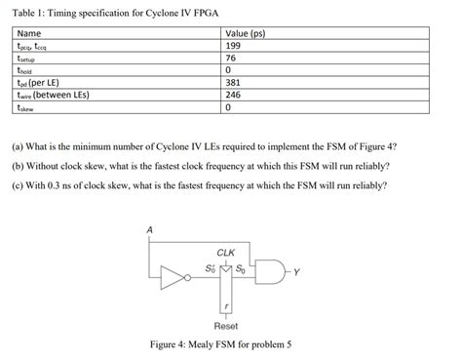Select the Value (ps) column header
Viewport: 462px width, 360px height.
[x=247, y=33]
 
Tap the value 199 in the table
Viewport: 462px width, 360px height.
[x=233, y=46]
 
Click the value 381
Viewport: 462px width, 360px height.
[x=233, y=83]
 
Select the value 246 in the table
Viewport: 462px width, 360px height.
[x=233, y=96]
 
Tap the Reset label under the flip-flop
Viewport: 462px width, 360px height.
[x=226, y=325]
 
